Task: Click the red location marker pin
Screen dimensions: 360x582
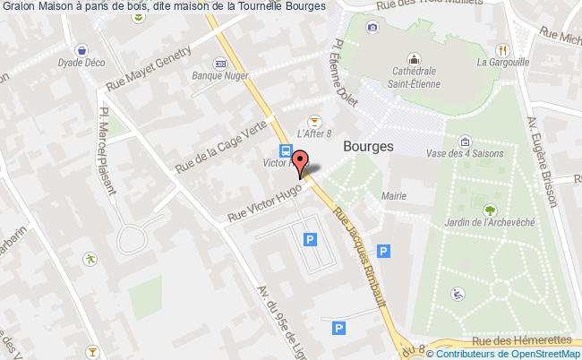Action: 302,159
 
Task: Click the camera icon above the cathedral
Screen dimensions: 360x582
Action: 372,27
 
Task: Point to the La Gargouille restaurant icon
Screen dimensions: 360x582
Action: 504,49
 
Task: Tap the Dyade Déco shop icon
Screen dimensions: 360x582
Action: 83,51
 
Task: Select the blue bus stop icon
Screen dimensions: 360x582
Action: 285,150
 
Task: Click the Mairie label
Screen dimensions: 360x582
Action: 393,195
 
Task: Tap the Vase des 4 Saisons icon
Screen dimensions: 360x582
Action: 465,142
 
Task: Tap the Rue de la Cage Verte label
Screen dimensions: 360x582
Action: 222,149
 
